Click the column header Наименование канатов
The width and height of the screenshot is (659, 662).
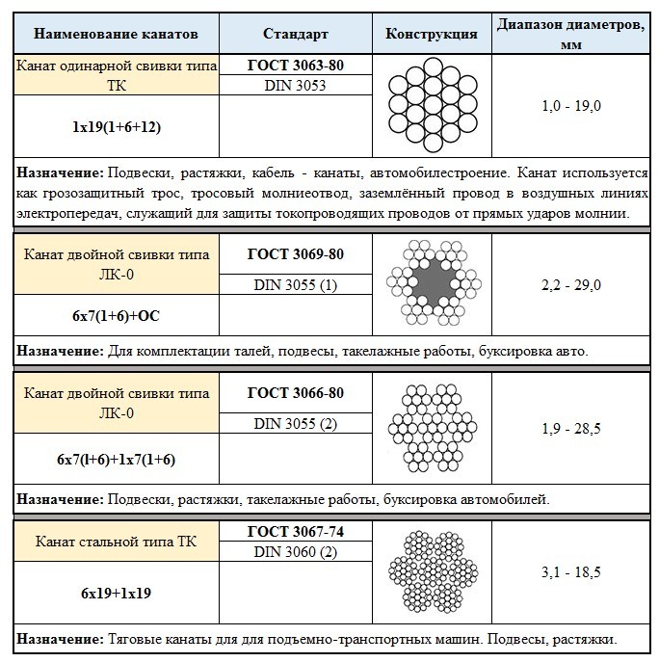click(x=116, y=34)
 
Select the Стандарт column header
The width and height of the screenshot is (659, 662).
click(x=295, y=34)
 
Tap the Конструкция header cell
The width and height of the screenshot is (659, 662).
click(x=431, y=34)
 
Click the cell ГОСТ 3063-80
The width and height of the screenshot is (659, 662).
click(x=295, y=66)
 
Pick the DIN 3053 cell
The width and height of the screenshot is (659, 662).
click(x=295, y=86)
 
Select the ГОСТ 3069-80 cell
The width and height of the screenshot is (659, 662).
click(x=295, y=254)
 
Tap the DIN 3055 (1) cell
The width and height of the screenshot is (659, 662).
click(x=295, y=284)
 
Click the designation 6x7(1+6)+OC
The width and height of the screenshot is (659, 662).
click(x=116, y=316)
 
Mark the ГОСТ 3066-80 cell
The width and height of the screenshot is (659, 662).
click(x=295, y=393)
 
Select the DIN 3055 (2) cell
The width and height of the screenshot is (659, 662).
click(x=295, y=423)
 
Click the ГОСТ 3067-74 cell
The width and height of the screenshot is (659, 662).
click(x=295, y=531)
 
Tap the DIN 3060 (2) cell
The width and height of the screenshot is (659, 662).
click(x=295, y=551)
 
